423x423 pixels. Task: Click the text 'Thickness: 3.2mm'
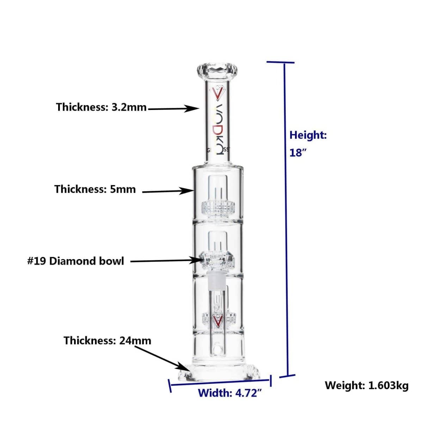tap(101, 107)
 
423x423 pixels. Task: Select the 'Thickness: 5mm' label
tap(95, 189)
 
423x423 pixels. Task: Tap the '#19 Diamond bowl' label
tap(75, 261)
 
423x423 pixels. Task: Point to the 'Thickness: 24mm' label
tap(108, 341)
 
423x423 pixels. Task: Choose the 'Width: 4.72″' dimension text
tap(230, 393)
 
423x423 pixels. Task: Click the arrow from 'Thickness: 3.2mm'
tap(173, 108)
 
